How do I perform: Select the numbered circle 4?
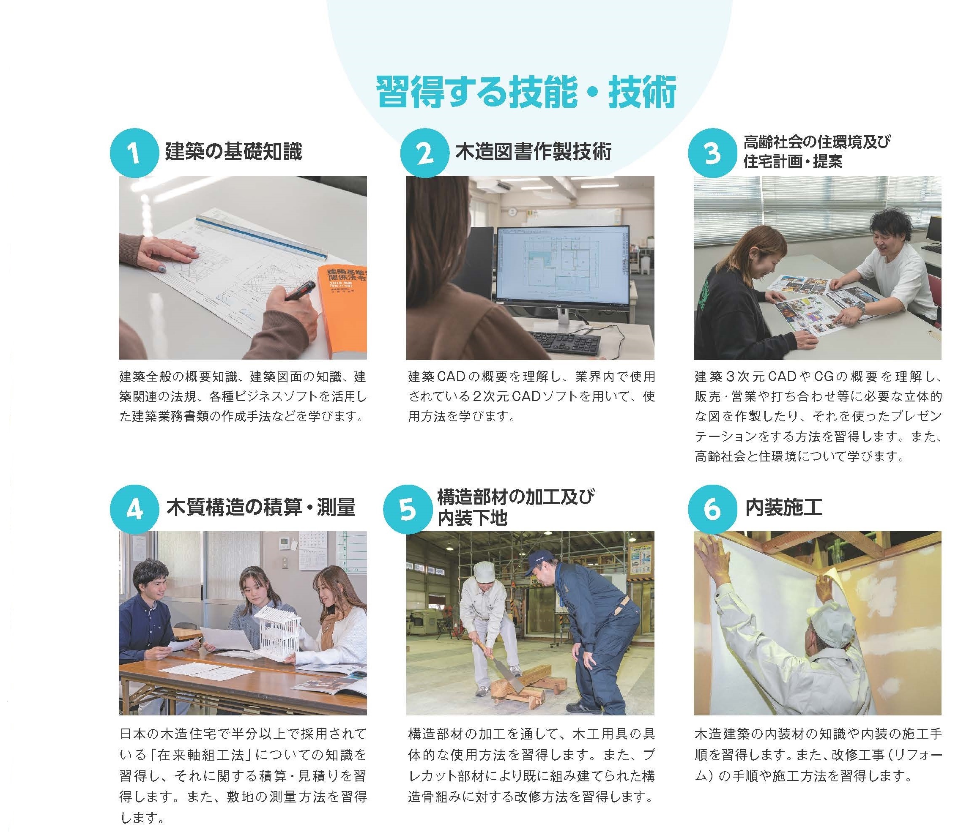(x=134, y=509)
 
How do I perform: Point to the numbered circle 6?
(x=712, y=509)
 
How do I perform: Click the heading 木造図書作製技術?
(x=533, y=152)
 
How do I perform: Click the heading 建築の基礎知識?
(x=233, y=152)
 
